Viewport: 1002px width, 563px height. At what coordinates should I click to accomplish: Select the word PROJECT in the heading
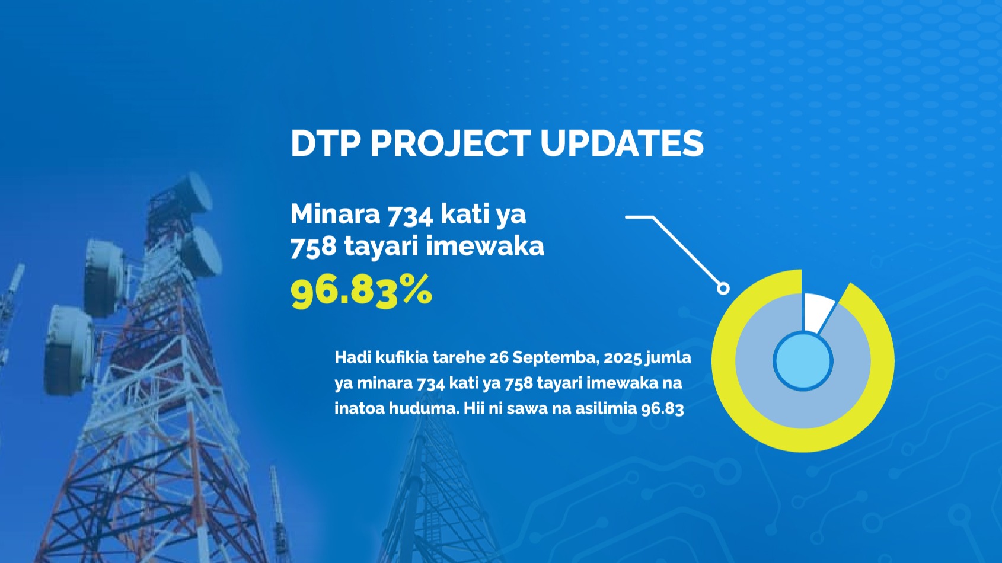pos(451,143)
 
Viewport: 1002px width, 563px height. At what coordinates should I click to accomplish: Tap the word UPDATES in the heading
pos(622,143)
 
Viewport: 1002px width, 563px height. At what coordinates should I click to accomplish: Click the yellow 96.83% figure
pos(362,292)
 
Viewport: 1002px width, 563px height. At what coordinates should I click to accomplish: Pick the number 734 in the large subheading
pos(410,215)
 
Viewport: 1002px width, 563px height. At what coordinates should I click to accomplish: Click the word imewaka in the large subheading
pos(485,246)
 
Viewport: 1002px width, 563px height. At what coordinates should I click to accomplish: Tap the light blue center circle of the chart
pos(803,361)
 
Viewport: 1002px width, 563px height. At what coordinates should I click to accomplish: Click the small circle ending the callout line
pos(723,289)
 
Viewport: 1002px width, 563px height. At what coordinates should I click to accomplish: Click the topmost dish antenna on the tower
pos(194,193)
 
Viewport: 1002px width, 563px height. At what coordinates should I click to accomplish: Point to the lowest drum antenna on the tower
pos(69,351)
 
